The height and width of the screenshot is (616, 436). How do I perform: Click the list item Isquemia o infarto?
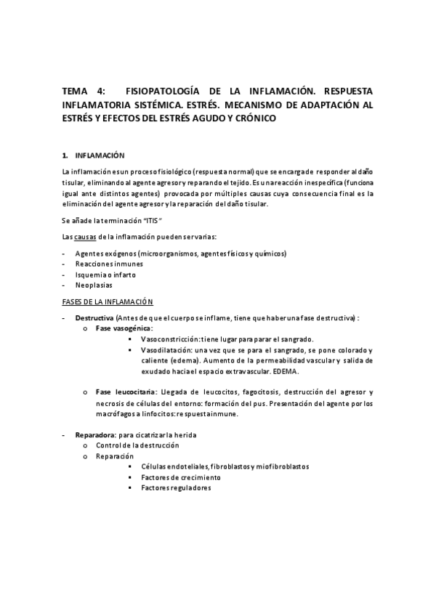tap(105, 275)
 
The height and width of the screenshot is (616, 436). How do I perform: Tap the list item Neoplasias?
tap(94, 285)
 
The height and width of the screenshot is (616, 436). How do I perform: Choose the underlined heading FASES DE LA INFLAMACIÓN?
tap(107, 301)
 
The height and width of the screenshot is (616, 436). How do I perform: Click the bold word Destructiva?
tap(94, 319)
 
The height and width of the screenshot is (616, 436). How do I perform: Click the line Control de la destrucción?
tap(137, 445)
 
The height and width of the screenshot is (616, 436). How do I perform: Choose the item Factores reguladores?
tap(176, 488)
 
